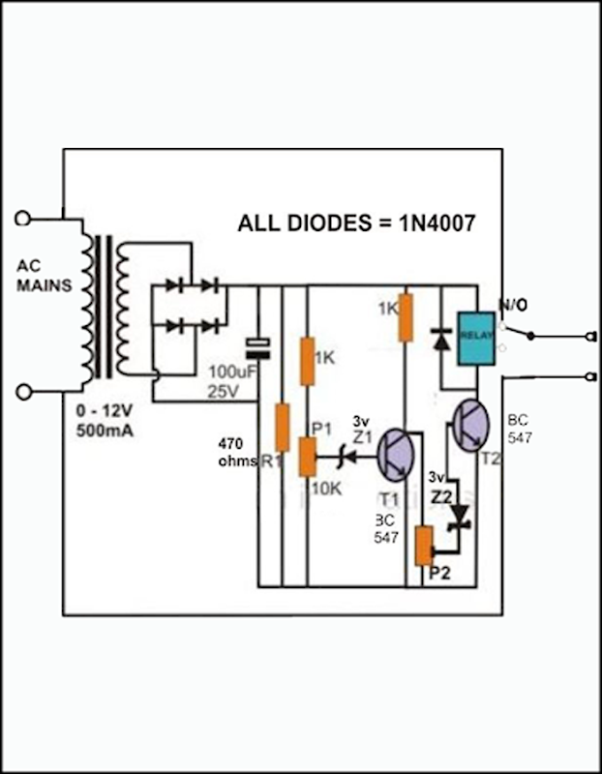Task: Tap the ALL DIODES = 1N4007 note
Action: pos(356,223)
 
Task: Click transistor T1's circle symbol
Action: pos(397,454)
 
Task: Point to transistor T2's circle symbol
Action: pos(471,426)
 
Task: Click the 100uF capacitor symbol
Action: pos(257,346)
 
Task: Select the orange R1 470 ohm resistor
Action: pos(283,428)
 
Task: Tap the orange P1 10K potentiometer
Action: pos(308,456)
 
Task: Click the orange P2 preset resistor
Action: pos(423,548)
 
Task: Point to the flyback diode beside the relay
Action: pos(441,339)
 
